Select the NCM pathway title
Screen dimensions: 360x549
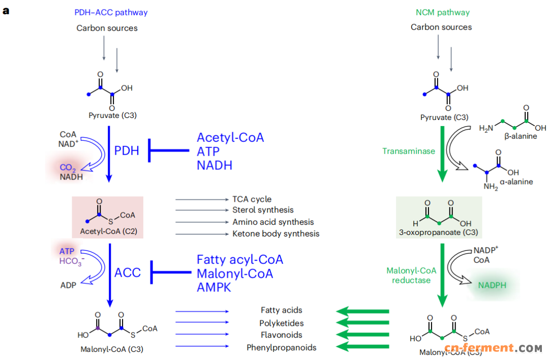[x=441, y=12]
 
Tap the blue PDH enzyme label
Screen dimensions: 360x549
[x=127, y=151]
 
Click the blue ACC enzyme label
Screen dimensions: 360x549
[x=127, y=272]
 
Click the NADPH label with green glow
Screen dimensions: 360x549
[x=492, y=285]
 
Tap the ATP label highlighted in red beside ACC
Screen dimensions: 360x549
[x=67, y=251]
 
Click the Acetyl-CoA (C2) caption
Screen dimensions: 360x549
[x=108, y=231]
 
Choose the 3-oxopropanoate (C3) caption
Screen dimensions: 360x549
[x=438, y=233]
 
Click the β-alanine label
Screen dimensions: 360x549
[x=521, y=136]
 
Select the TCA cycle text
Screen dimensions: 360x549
[x=252, y=199]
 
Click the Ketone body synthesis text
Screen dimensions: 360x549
[x=276, y=233]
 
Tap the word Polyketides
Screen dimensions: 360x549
[x=281, y=323]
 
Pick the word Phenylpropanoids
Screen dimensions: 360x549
[x=281, y=348]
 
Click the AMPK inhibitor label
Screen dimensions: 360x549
[x=213, y=287]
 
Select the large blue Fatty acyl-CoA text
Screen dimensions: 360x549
[x=240, y=259]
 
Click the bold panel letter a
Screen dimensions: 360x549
[x=6, y=10]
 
